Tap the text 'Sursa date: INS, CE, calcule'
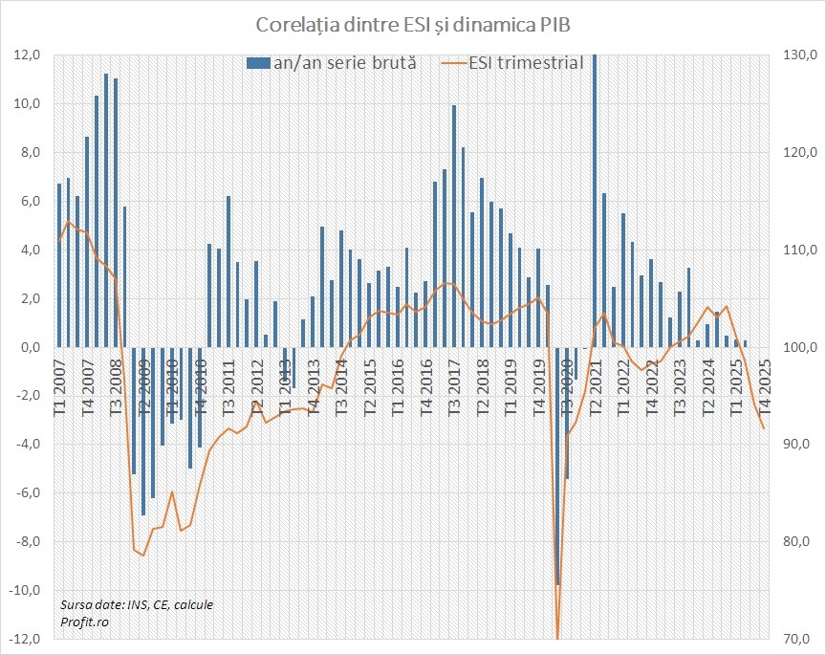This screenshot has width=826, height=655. pyautogui.click(x=136, y=604)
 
